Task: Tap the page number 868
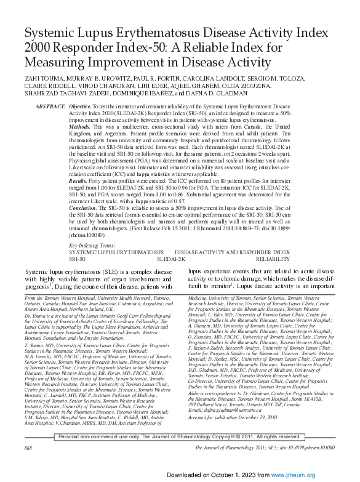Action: coord(28,448)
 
